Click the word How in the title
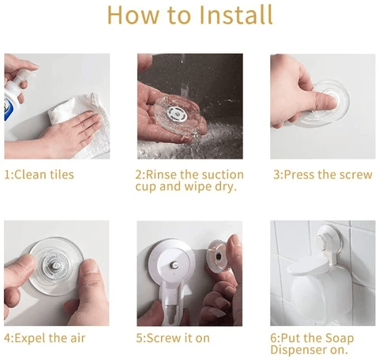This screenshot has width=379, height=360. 131,15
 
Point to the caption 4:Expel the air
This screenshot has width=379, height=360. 44,339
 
